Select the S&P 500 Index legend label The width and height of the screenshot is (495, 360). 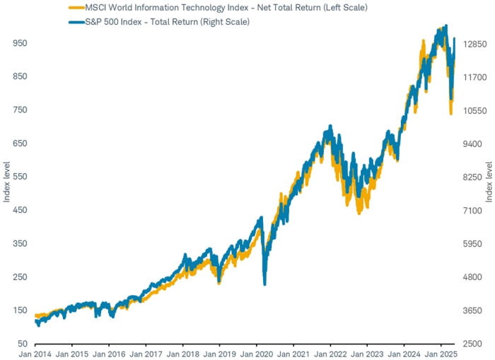tap(168, 21)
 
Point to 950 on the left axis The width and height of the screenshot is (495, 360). tap(21, 43)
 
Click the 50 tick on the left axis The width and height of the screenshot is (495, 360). tap(23, 344)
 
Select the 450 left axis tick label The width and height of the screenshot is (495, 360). tap(21, 210)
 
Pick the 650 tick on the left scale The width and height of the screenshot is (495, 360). tap(21, 144)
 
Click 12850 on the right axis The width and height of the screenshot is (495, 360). tap(471, 43)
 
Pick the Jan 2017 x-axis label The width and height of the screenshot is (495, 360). tap(146, 353)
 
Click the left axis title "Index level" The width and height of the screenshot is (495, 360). tap(6, 182)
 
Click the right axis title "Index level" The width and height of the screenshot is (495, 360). tap(488, 182)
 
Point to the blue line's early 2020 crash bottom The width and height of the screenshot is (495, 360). tap(264, 284)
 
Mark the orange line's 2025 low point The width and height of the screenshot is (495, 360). tap(451, 112)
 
